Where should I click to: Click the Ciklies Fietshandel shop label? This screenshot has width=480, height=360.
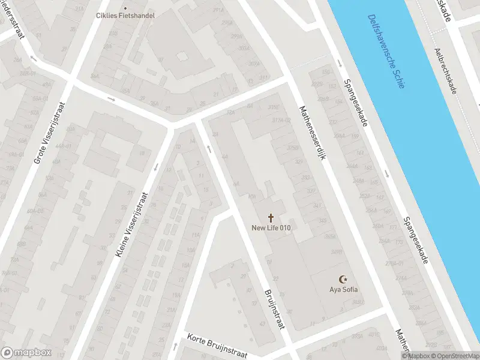pos(125,15)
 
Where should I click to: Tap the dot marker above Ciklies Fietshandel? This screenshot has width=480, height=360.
pos(125,8)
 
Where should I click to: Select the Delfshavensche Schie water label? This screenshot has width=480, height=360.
pos(386,52)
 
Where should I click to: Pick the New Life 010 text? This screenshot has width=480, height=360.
pos(271,227)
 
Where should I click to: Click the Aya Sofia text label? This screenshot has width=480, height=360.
pos(344,290)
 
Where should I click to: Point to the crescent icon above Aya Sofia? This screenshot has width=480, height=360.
pos(344,279)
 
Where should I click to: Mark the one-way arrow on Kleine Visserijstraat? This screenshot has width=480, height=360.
pos(157,167)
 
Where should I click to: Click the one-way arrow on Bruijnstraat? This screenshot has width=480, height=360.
pos(209,148)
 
